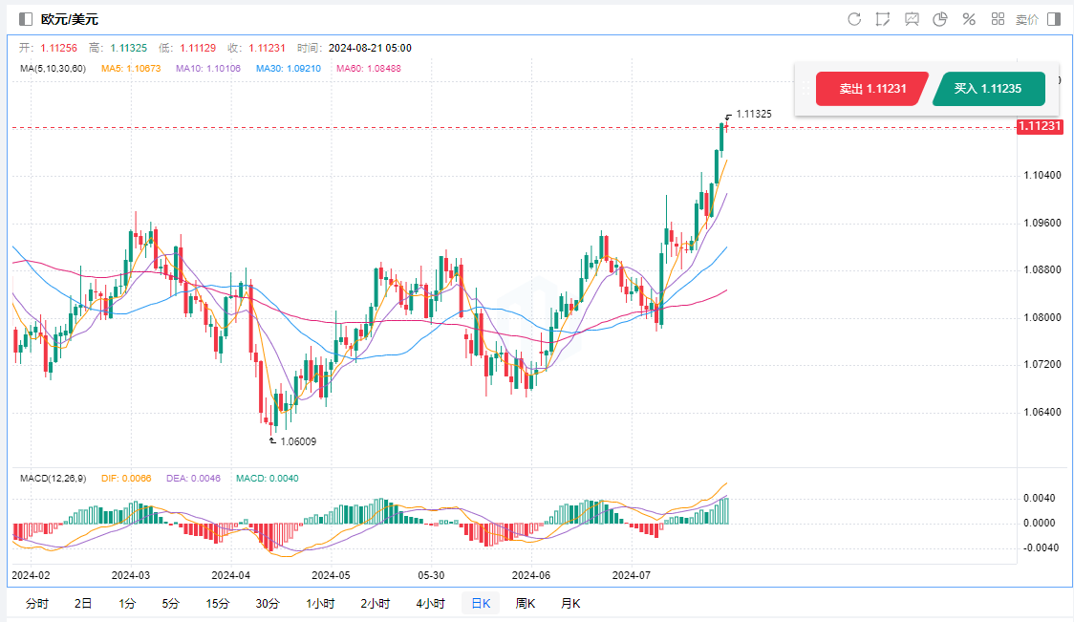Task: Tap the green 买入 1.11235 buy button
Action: pyautogui.click(x=987, y=89)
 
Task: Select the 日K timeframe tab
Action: pyautogui.click(x=479, y=603)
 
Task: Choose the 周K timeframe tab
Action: pyautogui.click(x=525, y=603)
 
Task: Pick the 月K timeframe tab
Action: pyautogui.click(x=570, y=603)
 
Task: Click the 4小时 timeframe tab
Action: pyautogui.click(x=430, y=603)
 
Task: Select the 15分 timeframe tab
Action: pyautogui.click(x=217, y=603)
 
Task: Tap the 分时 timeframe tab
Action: pyautogui.click(x=37, y=603)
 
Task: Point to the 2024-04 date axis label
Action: pyautogui.click(x=230, y=575)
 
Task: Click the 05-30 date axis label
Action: pyautogui.click(x=430, y=575)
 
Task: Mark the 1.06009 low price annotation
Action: pyautogui.click(x=297, y=441)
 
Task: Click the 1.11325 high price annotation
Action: pyautogui.click(x=754, y=114)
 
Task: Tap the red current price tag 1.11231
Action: pyautogui.click(x=1040, y=126)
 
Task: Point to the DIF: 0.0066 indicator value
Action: pyautogui.click(x=125, y=479)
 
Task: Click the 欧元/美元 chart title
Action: pyautogui.click(x=69, y=19)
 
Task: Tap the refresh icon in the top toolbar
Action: pyautogui.click(x=854, y=19)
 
